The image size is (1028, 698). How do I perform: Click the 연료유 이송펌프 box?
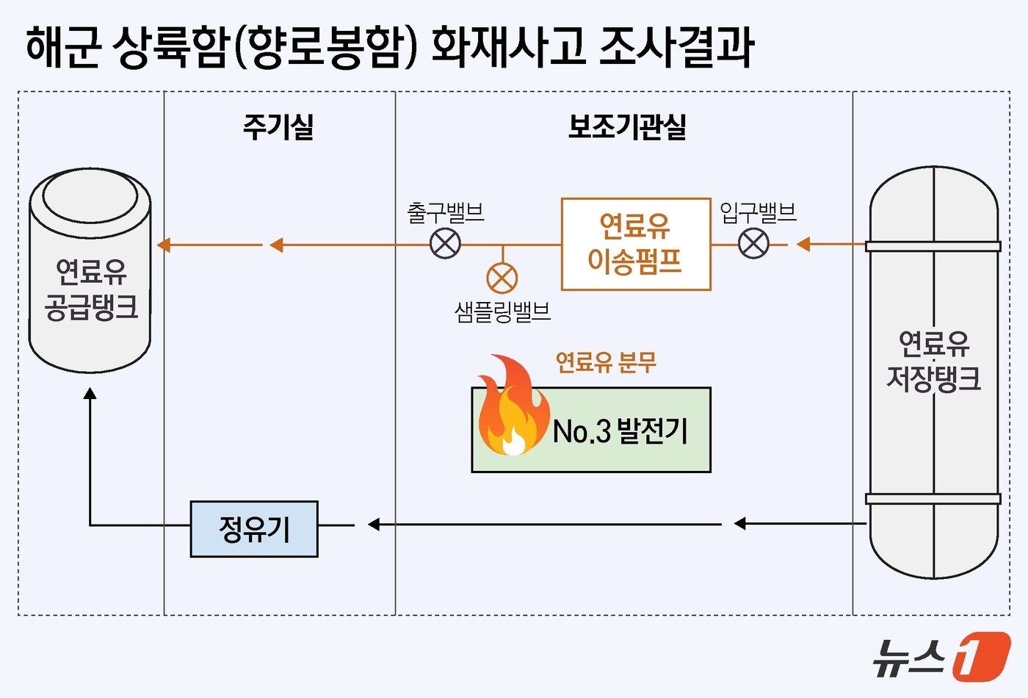click(x=636, y=244)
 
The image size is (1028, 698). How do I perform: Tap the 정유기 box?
click(x=254, y=529)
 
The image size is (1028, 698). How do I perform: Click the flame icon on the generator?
click(x=512, y=408)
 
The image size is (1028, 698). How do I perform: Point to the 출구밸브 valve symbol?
click(x=445, y=244)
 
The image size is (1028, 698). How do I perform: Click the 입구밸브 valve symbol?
click(x=753, y=244)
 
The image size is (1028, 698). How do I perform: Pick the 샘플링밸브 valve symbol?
click(x=502, y=278)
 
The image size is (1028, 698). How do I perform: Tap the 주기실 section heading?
click(x=278, y=127)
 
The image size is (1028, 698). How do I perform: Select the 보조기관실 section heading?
click(x=627, y=127)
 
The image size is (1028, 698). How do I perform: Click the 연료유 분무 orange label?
click(x=606, y=362)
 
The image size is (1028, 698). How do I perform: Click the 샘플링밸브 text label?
click(x=503, y=312)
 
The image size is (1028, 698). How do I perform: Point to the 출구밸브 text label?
click(x=446, y=213)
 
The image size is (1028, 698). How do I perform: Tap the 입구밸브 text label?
click(x=758, y=213)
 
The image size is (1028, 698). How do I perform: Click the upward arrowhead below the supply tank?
click(x=90, y=394)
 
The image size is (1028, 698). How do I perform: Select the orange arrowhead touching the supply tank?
click(x=163, y=245)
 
